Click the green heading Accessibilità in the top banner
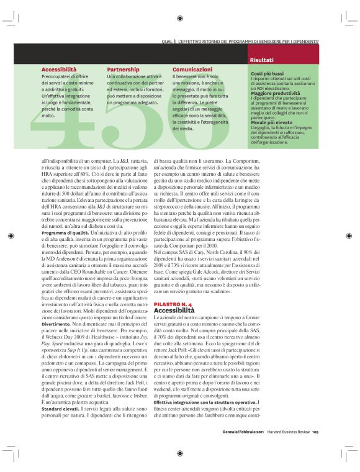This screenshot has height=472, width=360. pyautogui.click(x=59, y=70)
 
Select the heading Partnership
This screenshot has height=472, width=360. pyautogui.click(x=123, y=70)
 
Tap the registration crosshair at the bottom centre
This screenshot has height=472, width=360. pyautogui.click(x=179, y=453)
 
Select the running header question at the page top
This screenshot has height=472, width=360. pyautogui.click(x=240, y=42)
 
